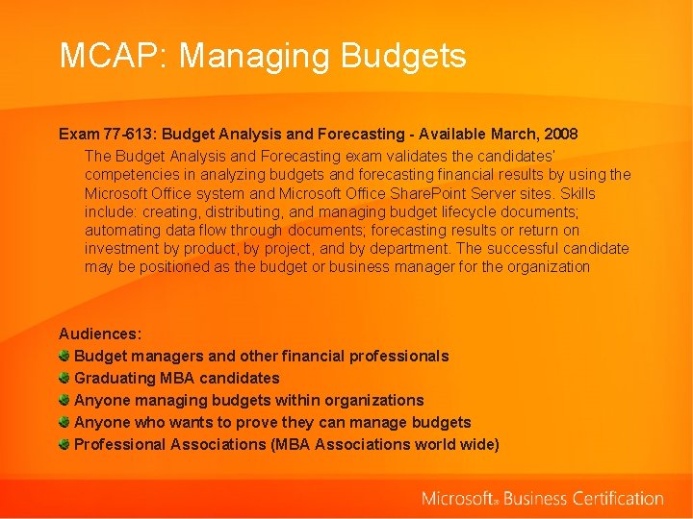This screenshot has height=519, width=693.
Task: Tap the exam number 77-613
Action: (x=125, y=134)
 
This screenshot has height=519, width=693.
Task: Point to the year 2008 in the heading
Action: (x=560, y=134)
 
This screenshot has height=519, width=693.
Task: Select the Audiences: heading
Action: (x=100, y=334)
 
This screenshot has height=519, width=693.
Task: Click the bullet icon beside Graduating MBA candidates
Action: (x=64, y=378)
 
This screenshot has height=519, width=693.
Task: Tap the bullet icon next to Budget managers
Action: (x=64, y=356)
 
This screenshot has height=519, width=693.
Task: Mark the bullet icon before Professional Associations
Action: (x=64, y=444)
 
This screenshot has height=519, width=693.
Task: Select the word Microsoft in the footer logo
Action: (x=458, y=499)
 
